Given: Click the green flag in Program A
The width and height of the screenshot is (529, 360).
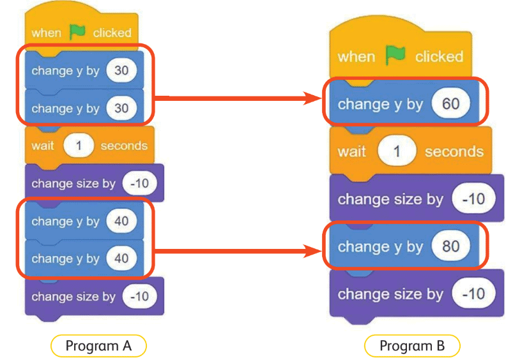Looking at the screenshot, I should (x=77, y=32).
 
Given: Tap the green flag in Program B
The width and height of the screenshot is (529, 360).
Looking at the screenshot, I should (x=395, y=56).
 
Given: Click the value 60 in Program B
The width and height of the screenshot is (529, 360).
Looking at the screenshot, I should (x=450, y=103).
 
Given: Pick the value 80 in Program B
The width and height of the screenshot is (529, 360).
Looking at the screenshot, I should (x=450, y=246).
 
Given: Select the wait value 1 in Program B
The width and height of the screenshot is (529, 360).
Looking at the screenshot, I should (x=395, y=151).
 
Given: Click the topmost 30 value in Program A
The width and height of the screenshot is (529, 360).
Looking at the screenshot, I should (x=121, y=70).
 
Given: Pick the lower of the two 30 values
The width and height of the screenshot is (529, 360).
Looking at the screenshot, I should (x=121, y=108).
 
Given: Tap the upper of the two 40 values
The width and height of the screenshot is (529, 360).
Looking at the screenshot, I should (x=121, y=221).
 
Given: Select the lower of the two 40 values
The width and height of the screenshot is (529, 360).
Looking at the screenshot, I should (x=121, y=259).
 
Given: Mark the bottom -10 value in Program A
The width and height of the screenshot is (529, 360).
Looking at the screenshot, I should (x=139, y=296).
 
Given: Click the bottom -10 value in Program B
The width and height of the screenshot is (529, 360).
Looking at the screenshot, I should (x=473, y=294).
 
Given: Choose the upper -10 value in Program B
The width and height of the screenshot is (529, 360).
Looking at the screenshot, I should (x=473, y=199).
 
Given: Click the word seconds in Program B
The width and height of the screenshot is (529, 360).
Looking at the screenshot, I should (x=454, y=151).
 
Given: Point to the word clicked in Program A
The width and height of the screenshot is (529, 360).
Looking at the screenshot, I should (x=112, y=33).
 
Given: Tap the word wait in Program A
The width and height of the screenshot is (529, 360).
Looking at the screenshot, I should (x=43, y=146).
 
